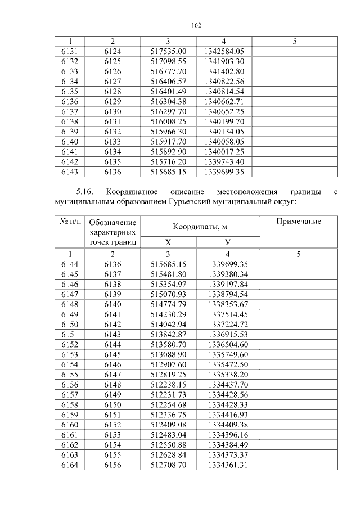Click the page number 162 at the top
click(196, 25)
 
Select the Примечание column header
click(299, 222)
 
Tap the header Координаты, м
click(200, 226)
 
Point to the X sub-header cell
click(168, 242)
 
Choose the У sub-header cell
click(228, 242)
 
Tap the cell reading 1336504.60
click(228, 344)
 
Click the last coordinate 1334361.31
click(228, 465)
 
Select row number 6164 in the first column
click(69, 465)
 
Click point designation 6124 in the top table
click(112, 51)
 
